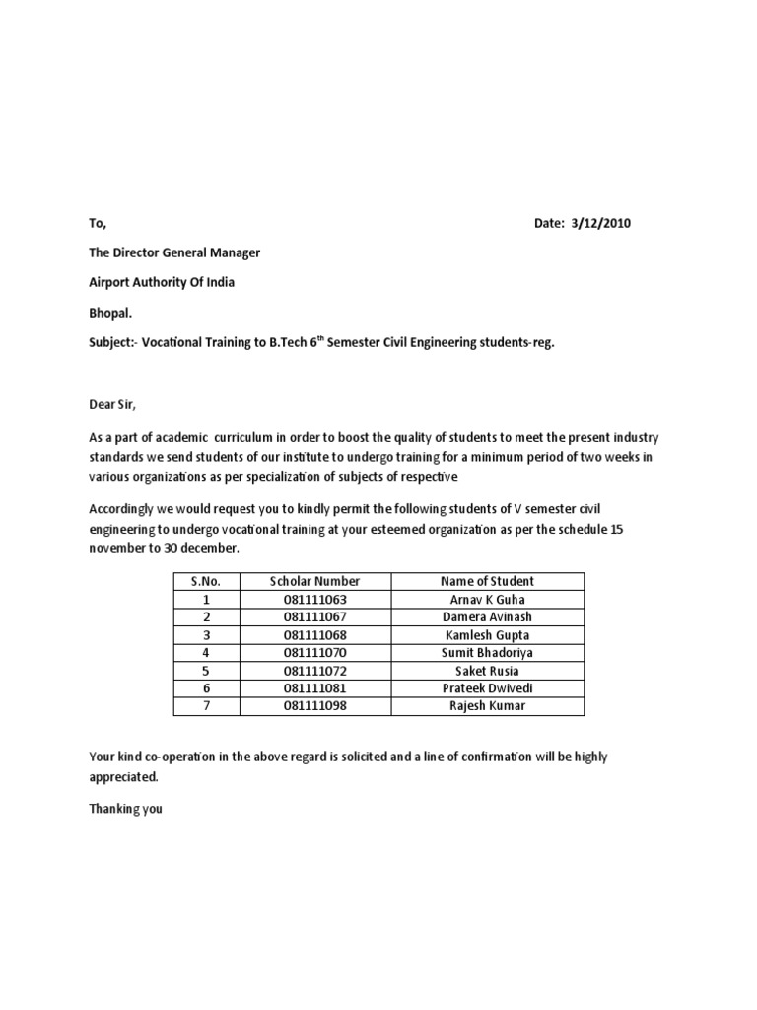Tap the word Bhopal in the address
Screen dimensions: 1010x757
pos(110,313)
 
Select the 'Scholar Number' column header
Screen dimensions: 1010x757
pos(315,581)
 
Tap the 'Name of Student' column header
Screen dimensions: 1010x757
pos(489,581)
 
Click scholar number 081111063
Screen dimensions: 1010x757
pos(315,599)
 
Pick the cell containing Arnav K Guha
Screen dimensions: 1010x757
pos(489,599)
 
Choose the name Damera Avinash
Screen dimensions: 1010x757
pos(489,616)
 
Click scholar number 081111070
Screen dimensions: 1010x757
pos(315,652)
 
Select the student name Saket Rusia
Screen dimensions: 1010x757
pos(489,671)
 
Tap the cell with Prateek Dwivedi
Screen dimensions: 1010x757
pos(489,688)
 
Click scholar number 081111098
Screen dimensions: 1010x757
pos(315,706)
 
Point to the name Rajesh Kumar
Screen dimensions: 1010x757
pos(489,706)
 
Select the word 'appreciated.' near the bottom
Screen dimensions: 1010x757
pos(123,776)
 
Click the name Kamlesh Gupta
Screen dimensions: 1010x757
pos(489,634)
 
